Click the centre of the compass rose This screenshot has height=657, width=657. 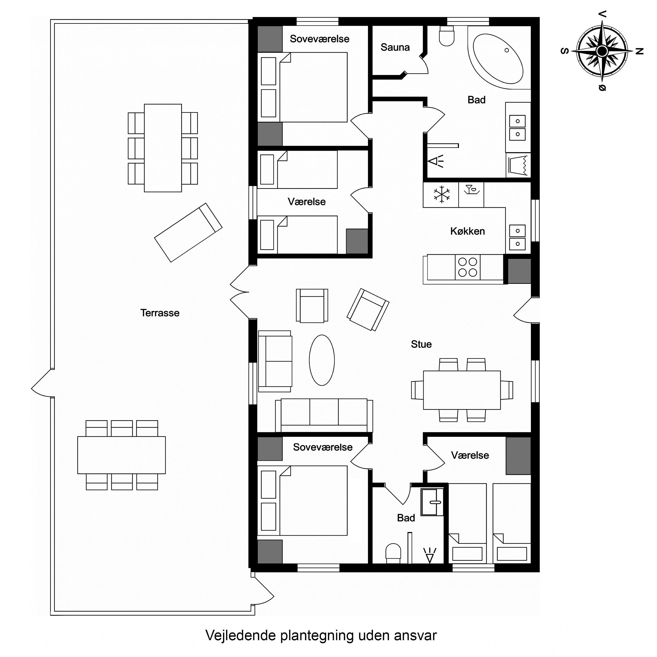(602, 51)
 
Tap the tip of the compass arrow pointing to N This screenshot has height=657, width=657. (633, 51)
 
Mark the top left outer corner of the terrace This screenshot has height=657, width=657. (51, 20)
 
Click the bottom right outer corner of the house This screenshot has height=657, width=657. (539, 572)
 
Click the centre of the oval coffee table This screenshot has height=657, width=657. (322, 360)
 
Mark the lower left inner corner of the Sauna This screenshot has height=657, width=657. (373, 74)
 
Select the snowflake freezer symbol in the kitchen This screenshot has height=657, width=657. (441, 195)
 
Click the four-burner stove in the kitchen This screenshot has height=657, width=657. (468, 267)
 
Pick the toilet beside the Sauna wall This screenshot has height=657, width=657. (447, 36)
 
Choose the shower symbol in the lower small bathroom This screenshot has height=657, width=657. (430, 555)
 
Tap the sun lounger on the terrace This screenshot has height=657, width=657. (188, 233)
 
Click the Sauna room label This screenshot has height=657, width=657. (395, 47)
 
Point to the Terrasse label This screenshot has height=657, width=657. (160, 313)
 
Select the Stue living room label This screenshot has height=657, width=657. (421, 344)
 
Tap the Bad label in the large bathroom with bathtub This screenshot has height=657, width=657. (476, 100)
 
